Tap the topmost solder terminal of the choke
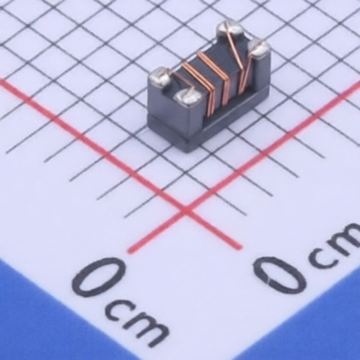(229, 29)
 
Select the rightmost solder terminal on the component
(259, 48)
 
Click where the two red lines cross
(186, 210)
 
